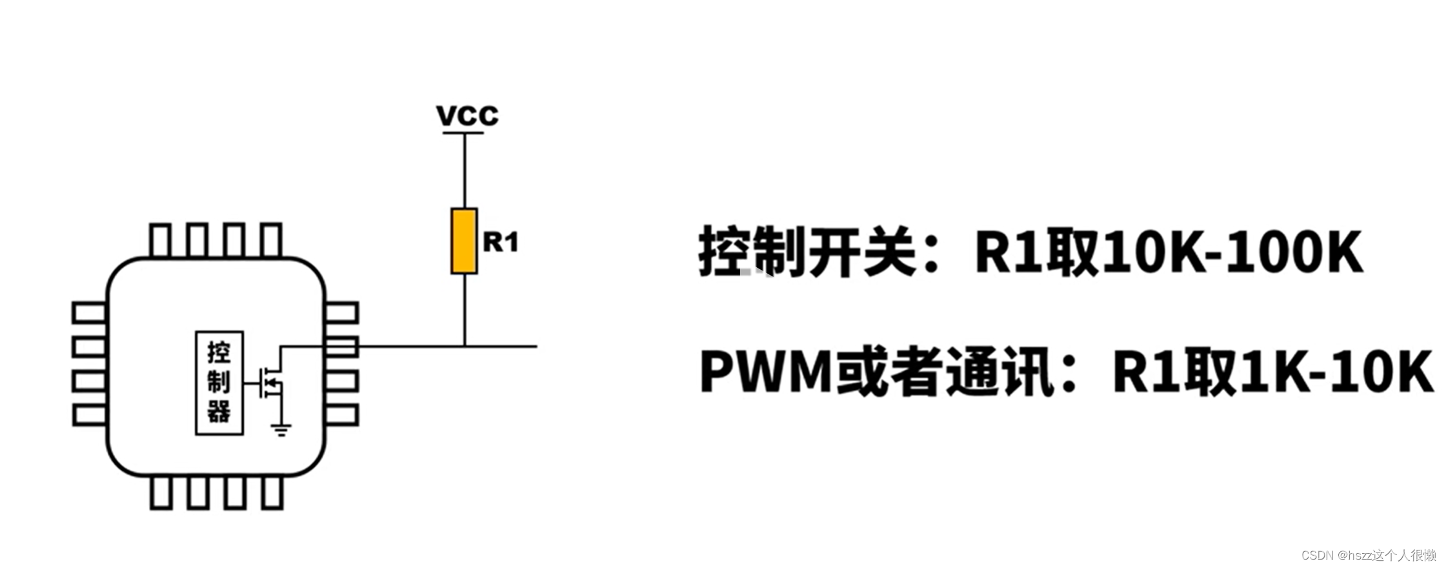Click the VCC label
[x=467, y=116]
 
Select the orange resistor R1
[x=464, y=241]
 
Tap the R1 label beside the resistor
[x=501, y=242]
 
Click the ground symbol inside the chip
[x=281, y=429]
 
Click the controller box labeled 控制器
[x=219, y=383]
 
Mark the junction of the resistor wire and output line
[x=465, y=346]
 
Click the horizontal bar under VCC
[x=463, y=133]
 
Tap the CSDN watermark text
[x=1369, y=555]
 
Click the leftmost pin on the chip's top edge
[x=159, y=241]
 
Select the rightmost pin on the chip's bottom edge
[x=272, y=492]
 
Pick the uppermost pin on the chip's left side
[x=90, y=313]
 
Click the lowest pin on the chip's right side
[x=341, y=415]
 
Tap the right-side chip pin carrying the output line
[x=341, y=347]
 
